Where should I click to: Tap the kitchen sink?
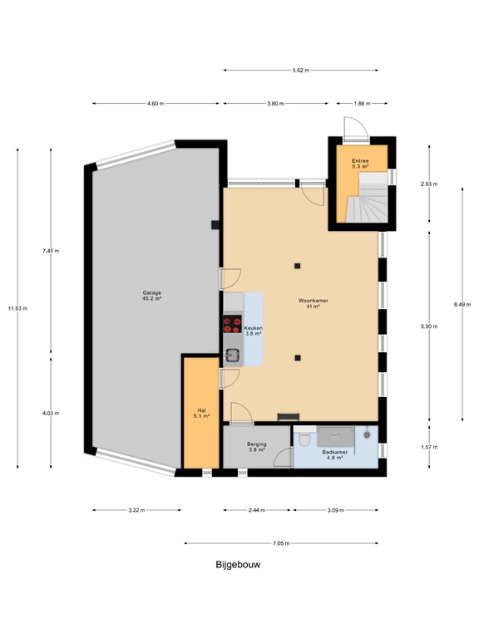233,356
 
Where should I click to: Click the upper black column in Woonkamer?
297,266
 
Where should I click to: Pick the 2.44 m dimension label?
257,510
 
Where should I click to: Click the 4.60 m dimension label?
156,104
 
